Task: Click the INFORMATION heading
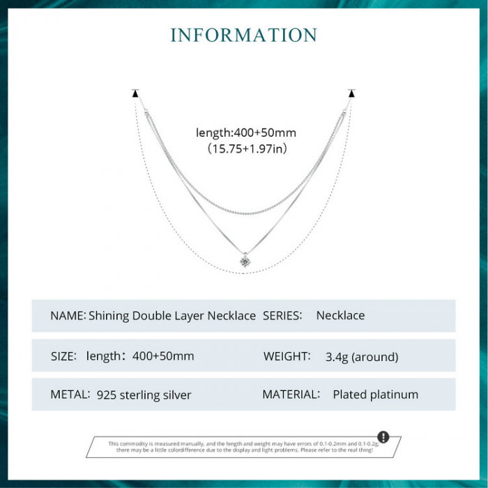[244, 35]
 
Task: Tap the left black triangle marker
[135, 93]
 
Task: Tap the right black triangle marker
[351, 93]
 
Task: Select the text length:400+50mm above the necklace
[246, 132]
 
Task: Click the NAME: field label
[68, 316]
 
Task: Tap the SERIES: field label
[282, 316]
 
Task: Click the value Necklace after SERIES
[340, 316]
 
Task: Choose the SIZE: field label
[63, 356]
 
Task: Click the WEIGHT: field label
[287, 356]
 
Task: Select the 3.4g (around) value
[361, 357]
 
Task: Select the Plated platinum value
[375, 395]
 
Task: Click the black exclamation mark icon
[383, 437]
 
